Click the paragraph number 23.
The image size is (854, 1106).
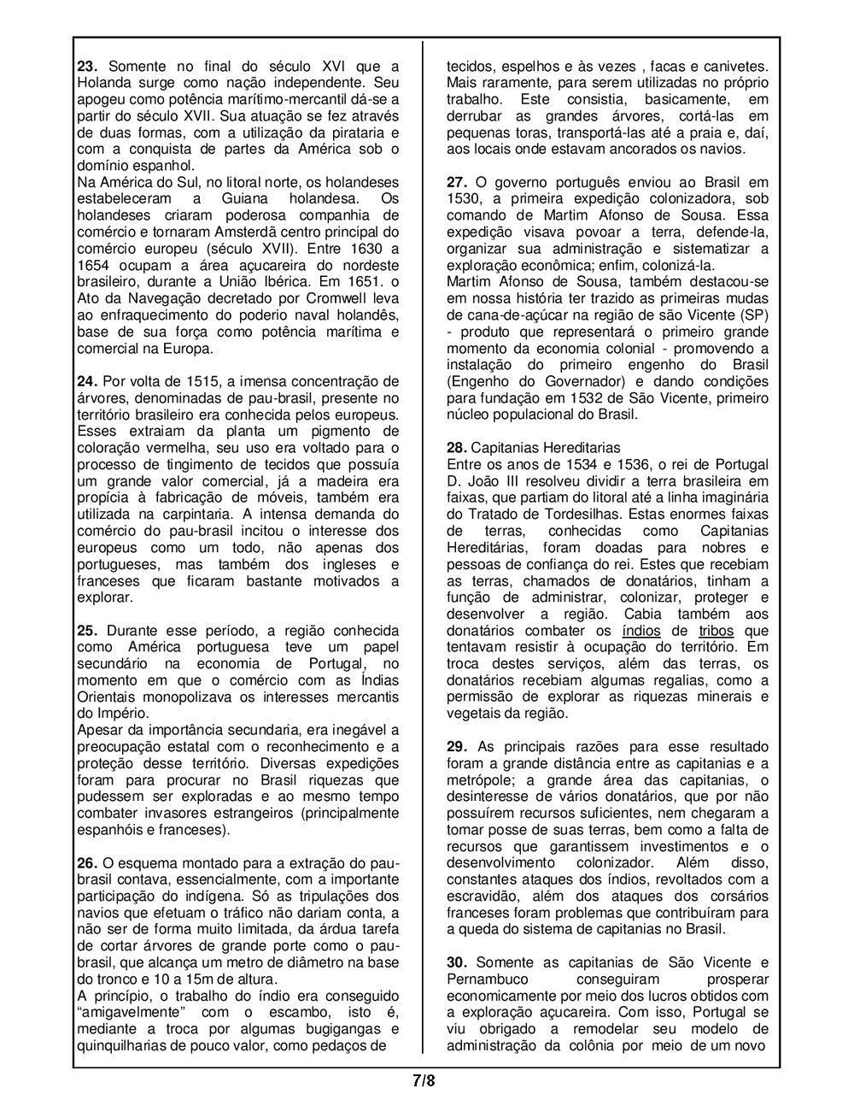(87, 67)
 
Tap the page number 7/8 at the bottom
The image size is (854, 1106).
(424, 1080)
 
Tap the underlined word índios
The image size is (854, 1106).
(640, 631)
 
